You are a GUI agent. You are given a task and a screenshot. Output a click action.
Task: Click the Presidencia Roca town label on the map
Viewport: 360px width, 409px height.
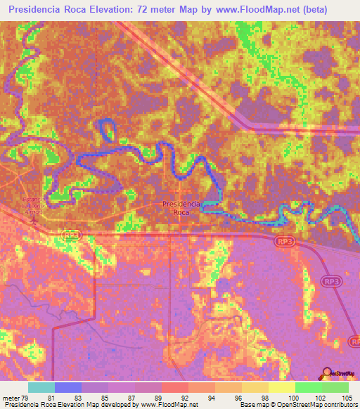181,207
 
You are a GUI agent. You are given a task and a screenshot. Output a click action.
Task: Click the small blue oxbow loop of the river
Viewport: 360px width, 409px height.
106,129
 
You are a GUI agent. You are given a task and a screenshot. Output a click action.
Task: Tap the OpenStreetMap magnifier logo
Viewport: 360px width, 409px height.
328,373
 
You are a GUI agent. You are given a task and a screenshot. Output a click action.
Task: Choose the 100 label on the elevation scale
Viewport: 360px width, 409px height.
283,398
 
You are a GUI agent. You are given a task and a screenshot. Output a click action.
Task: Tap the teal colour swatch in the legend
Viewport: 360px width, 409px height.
41,387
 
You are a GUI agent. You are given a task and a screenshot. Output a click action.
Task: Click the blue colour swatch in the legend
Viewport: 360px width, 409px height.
67,387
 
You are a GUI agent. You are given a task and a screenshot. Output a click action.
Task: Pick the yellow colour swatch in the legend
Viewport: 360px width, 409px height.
281,387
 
